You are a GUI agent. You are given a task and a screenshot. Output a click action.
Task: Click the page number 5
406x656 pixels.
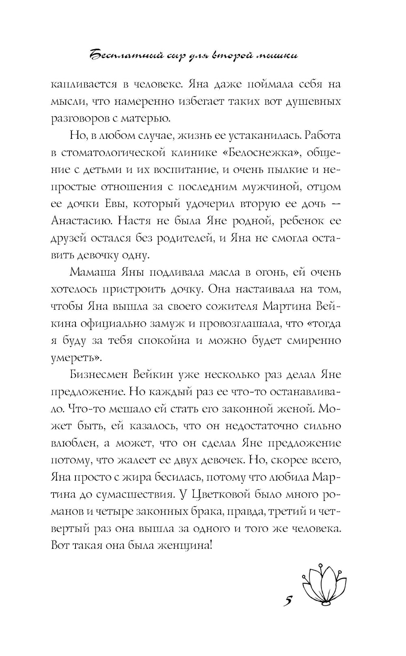tap(287, 601)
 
